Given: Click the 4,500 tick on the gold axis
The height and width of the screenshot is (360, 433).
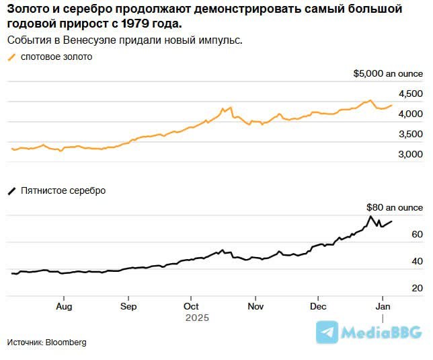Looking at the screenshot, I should tap(410, 94).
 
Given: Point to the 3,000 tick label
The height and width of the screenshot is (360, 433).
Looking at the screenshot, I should tap(410, 155).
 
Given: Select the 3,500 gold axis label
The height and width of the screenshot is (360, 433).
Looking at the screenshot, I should tap(410, 135).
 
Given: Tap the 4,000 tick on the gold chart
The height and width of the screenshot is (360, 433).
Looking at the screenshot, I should tap(410, 114).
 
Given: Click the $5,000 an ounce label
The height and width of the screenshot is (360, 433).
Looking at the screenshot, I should tap(388, 73).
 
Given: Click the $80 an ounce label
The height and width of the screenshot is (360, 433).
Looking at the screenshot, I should tap(395, 208).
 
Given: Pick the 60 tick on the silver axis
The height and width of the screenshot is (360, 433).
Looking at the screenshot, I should tap(417, 234).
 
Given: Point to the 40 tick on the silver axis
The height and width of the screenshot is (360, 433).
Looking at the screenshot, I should tap(417, 261).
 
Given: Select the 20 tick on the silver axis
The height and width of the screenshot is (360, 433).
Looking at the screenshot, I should tap(417, 288).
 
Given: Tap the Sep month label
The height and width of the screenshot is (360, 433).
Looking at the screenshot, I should tap(128, 306).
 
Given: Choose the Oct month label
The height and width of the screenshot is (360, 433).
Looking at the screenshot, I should tap(191, 306).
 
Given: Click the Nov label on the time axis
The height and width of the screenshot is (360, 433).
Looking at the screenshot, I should tap(255, 306).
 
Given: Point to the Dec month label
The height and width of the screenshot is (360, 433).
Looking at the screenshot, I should tap(319, 306).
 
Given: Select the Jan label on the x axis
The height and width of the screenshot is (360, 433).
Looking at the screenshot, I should tap(383, 306).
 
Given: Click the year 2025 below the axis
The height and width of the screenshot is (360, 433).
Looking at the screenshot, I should tap(198, 318).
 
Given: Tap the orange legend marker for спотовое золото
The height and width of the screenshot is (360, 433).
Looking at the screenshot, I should tap(11, 57).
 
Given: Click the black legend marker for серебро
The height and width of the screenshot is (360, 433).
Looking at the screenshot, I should tap(11, 191).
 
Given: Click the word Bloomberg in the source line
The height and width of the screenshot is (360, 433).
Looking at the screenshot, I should tap(66, 343).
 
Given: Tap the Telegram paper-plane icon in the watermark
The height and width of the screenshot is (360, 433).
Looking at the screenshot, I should tap(327, 332).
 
